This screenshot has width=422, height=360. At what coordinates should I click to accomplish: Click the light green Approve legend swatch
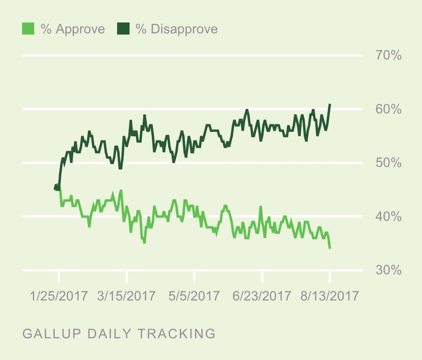click(28, 29)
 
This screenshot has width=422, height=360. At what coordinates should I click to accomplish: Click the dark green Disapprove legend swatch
click(124, 29)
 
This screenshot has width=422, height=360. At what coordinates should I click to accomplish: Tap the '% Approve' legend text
click(72, 29)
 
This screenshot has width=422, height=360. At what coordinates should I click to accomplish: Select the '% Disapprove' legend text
click(177, 29)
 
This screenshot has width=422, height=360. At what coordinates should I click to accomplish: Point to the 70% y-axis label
click(388, 56)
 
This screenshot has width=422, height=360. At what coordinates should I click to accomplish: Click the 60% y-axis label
click(388, 109)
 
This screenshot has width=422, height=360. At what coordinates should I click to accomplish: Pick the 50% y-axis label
click(388, 163)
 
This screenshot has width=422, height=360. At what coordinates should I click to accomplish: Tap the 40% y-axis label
click(388, 217)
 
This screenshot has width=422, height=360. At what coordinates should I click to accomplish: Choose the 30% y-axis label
click(388, 270)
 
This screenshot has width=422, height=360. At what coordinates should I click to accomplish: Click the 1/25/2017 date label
click(59, 296)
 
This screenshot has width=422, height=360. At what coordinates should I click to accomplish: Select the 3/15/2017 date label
click(126, 296)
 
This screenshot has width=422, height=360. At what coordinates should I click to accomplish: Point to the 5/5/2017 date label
click(194, 296)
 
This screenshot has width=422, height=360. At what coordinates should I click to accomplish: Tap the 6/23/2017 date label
click(262, 296)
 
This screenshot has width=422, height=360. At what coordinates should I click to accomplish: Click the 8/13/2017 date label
click(330, 296)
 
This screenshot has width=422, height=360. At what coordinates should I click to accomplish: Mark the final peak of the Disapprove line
click(330, 104)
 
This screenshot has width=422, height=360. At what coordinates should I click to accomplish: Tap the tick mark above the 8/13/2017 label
click(330, 276)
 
